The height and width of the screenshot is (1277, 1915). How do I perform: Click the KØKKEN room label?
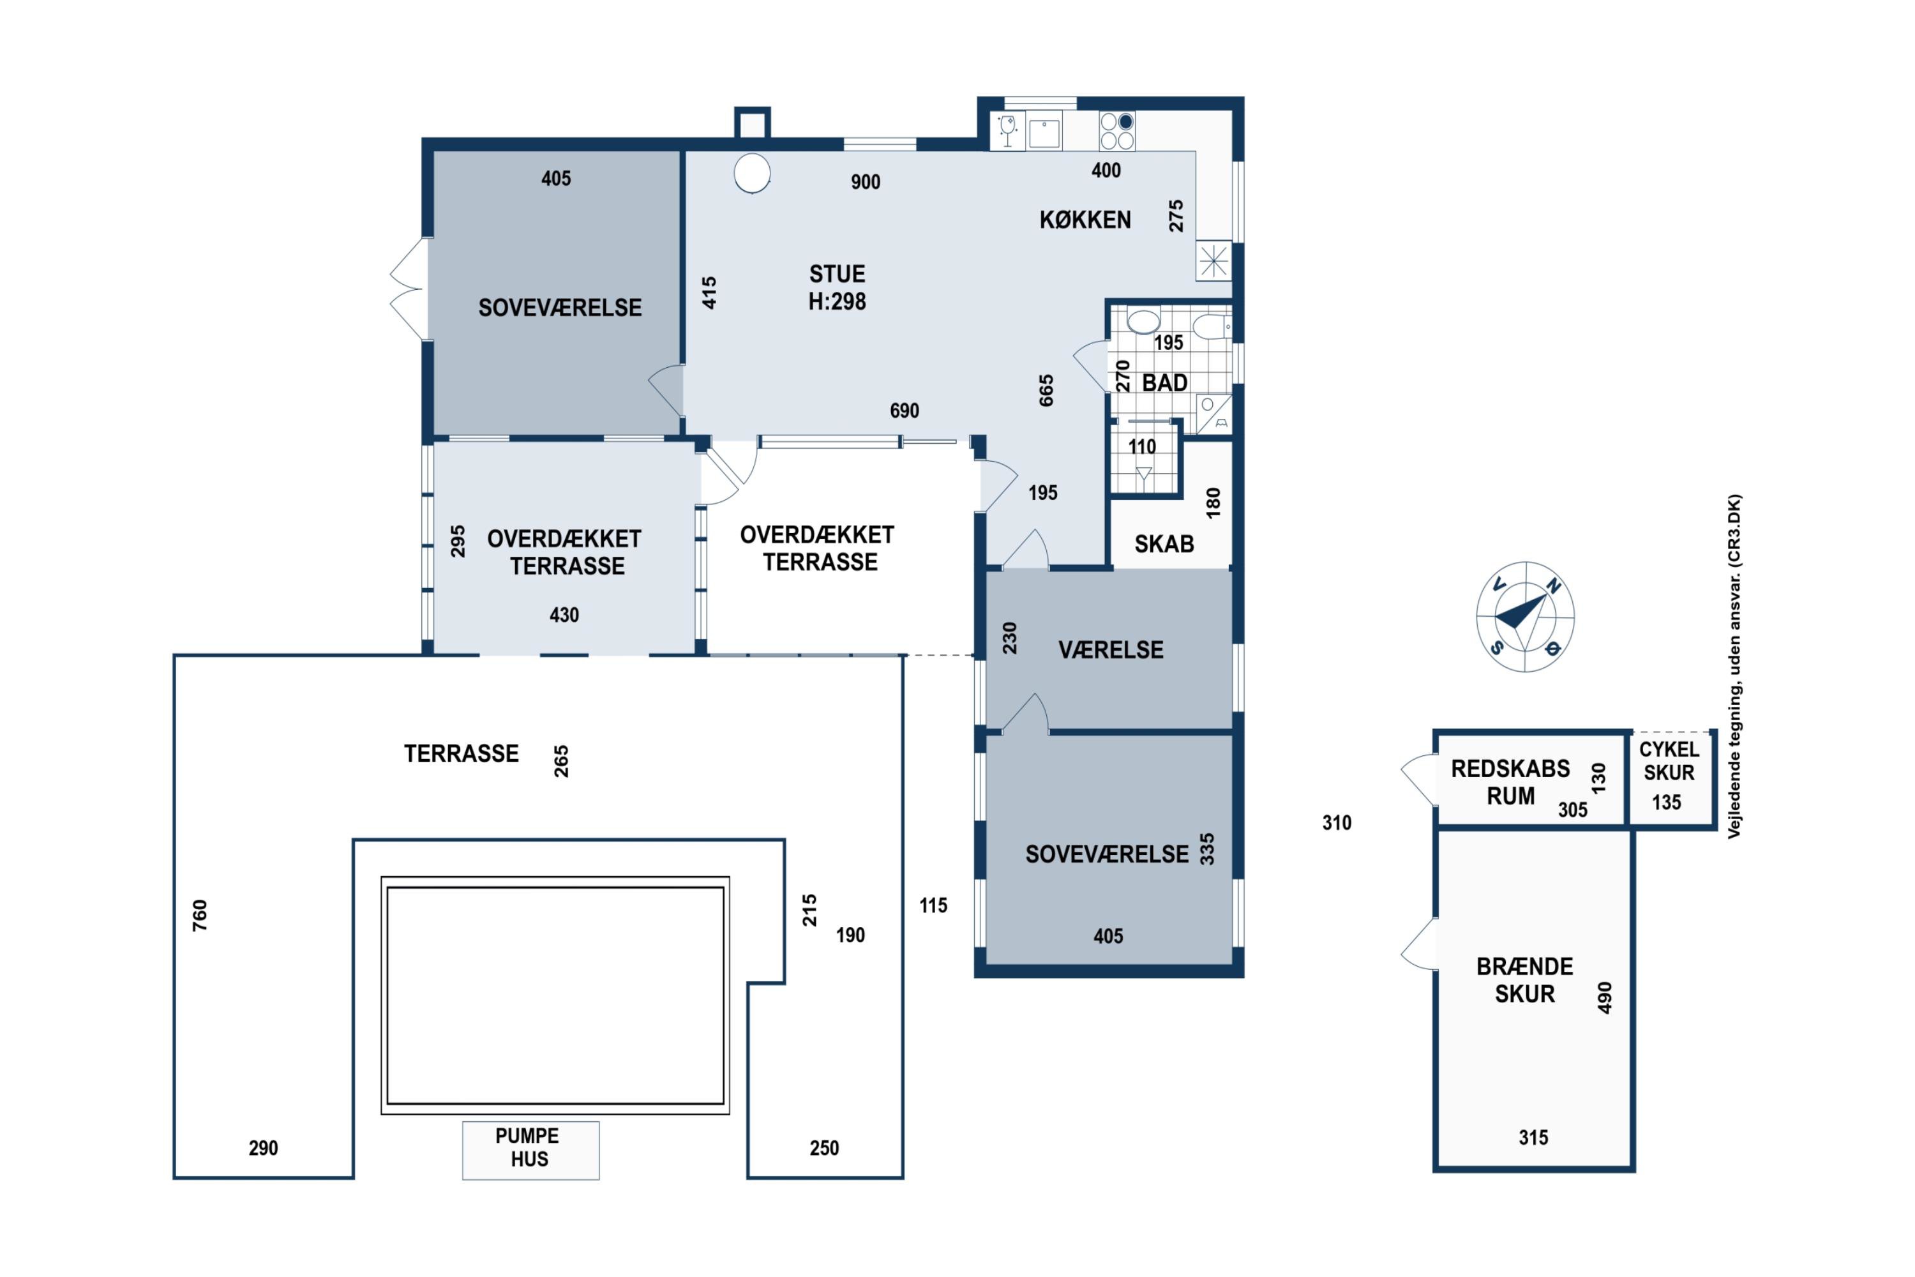(x=1085, y=220)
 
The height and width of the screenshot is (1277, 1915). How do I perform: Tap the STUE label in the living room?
(x=837, y=274)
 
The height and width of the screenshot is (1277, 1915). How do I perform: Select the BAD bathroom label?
(x=1164, y=382)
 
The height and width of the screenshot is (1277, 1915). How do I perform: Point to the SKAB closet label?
(x=1164, y=544)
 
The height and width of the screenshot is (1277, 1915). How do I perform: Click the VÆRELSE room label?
(x=1111, y=650)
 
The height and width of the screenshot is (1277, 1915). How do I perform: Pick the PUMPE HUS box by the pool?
(x=531, y=1150)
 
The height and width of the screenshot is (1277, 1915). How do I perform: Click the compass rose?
(x=1525, y=617)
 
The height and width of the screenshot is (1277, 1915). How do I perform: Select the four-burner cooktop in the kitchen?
(x=1117, y=131)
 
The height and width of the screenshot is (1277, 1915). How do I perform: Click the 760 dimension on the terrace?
(x=199, y=916)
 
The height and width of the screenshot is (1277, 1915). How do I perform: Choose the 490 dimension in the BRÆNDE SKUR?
(x=1605, y=997)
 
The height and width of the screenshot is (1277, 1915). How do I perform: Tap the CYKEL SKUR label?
(x=1669, y=760)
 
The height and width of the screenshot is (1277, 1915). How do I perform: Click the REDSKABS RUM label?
(x=1510, y=782)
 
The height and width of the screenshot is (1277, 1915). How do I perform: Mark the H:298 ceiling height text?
(x=837, y=301)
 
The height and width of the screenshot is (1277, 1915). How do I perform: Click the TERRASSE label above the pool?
(x=462, y=753)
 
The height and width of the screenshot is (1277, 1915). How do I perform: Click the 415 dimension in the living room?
(x=709, y=293)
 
